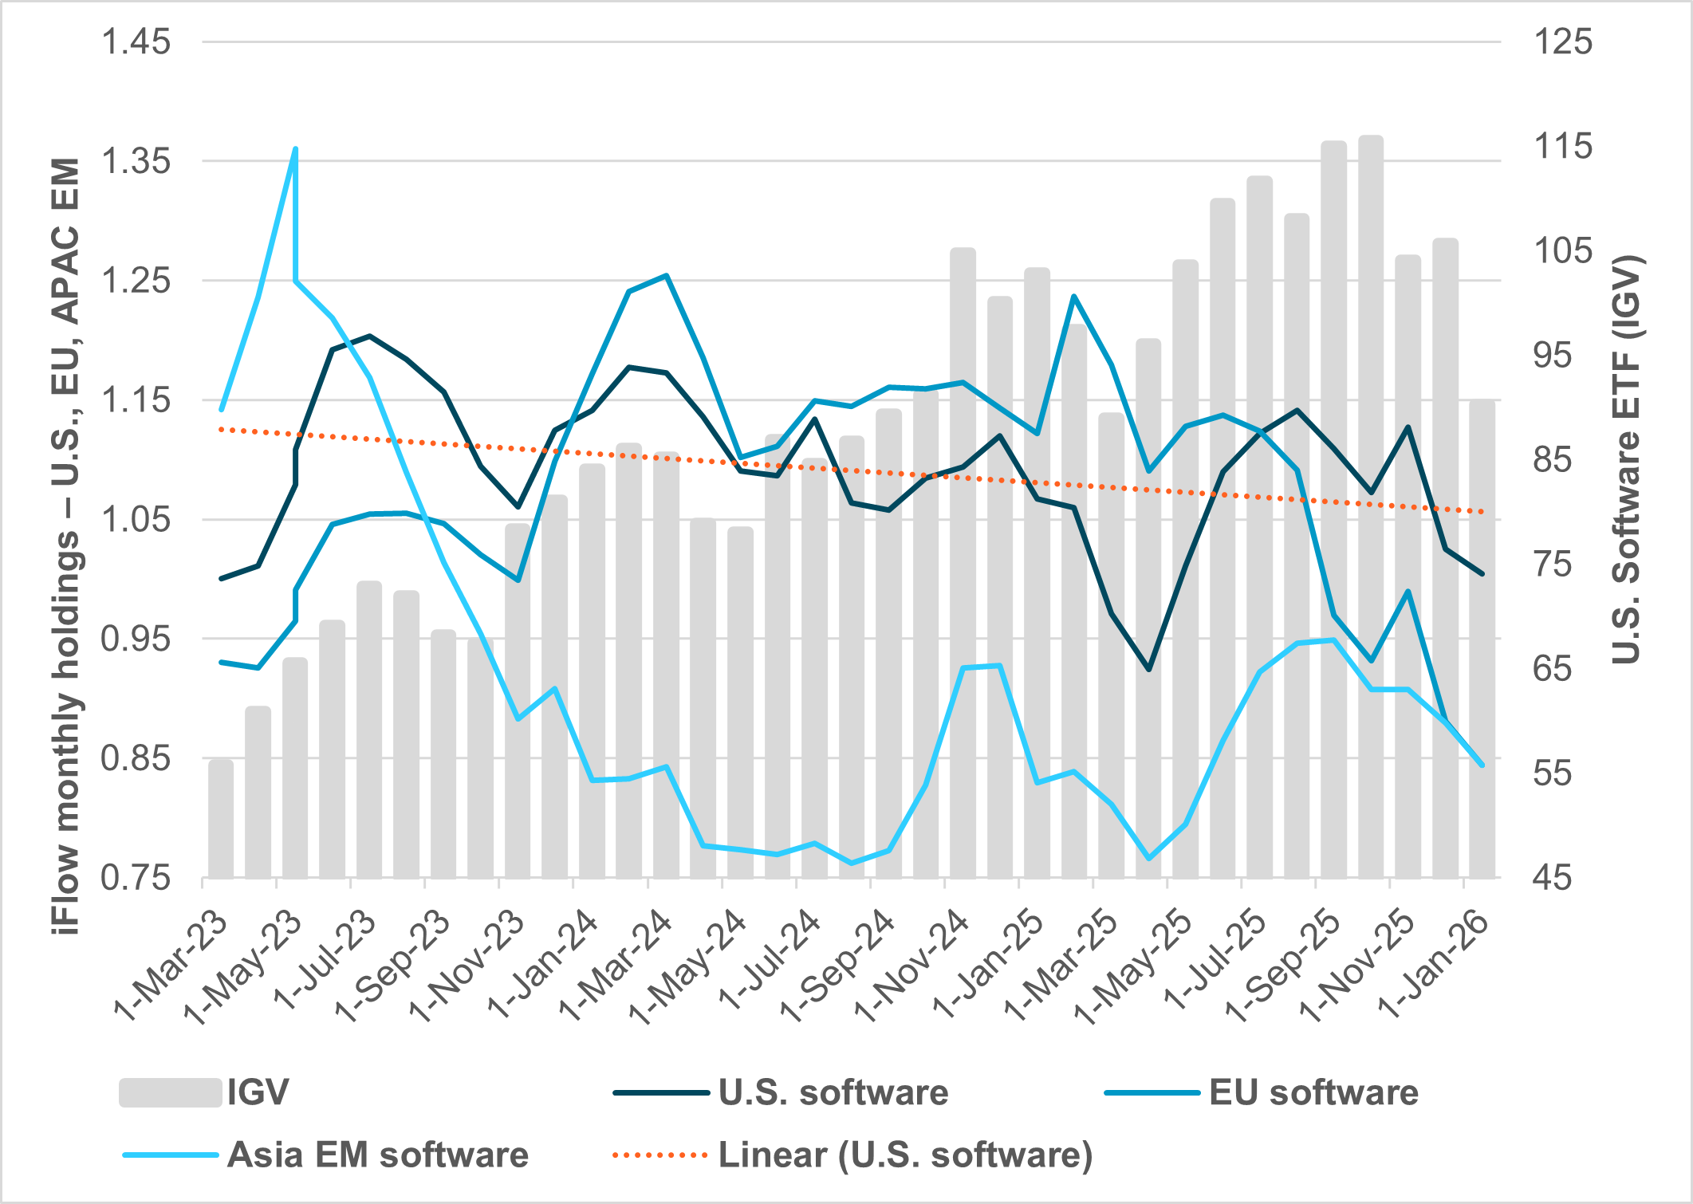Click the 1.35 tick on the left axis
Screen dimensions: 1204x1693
[136, 161]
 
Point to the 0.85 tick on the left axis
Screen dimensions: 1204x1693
[136, 758]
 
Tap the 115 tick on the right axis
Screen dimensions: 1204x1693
[1562, 147]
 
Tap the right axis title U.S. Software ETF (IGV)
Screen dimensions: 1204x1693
[1626, 459]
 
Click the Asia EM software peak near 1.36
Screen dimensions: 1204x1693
[295, 149]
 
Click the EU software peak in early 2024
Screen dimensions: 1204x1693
[666, 275]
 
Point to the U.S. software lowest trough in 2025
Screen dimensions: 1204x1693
[1148, 669]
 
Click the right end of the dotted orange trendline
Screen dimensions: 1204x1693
[1482, 512]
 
